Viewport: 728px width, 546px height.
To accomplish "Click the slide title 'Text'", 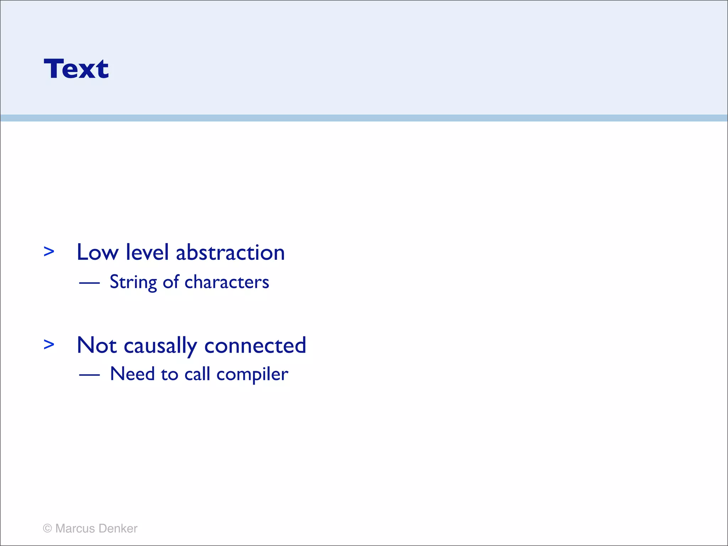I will coord(76,69).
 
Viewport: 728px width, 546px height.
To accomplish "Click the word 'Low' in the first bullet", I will coord(97,252).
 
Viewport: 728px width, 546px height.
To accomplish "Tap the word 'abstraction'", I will coord(230,252).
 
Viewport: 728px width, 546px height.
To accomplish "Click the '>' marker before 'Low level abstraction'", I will coord(49,251).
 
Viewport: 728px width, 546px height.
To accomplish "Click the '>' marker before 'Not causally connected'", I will coord(49,344).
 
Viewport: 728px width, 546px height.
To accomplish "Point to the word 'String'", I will coord(133,283).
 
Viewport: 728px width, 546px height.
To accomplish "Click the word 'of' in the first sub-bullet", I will coord(171,282).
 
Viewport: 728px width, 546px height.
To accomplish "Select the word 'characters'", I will coord(227,282).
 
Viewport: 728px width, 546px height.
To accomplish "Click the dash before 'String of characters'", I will coord(89,283).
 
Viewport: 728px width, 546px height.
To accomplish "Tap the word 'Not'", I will coord(97,345).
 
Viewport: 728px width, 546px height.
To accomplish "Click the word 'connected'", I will coord(255,345).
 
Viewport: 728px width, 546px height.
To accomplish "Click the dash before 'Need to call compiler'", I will coord(89,375).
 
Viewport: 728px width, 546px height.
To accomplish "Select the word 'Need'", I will coord(133,374).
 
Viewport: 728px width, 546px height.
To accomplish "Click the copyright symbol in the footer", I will coord(47,528).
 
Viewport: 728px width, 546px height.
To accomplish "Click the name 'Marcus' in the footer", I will coord(75,528).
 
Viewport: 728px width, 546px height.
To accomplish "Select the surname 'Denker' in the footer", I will coord(118,528).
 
